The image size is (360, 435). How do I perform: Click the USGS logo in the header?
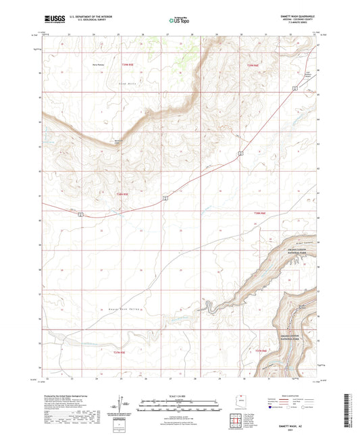[x=51, y=21]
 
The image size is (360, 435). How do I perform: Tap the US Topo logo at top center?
[x=180, y=21]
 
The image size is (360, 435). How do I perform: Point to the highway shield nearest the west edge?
[x=80, y=215]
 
